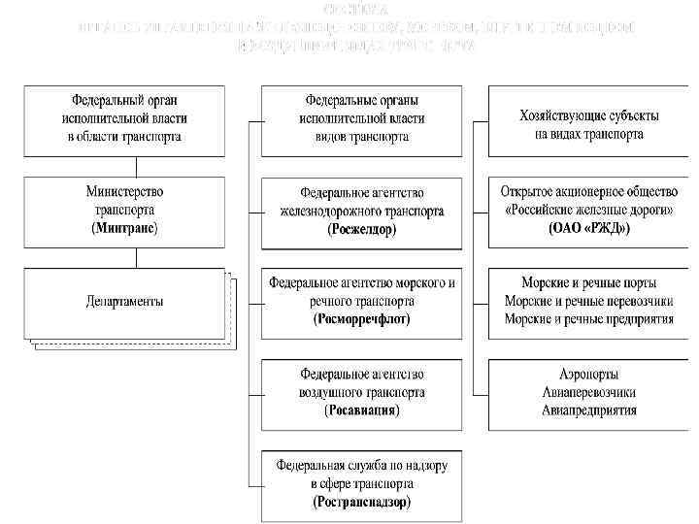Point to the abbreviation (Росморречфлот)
[x=362, y=318]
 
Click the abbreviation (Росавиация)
[x=362, y=410]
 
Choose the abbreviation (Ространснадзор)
[x=362, y=502]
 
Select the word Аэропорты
[x=589, y=375]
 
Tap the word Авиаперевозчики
[x=589, y=392]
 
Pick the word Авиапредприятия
[x=589, y=410]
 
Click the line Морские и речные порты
[x=589, y=283]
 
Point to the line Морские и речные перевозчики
[x=589, y=302]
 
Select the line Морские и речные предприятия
[x=589, y=319]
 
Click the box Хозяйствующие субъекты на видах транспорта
[x=589, y=120]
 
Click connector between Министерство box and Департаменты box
[x=136, y=256]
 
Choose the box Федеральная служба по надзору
[x=362, y=483]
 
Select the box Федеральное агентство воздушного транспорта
[x=362, y=392]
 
